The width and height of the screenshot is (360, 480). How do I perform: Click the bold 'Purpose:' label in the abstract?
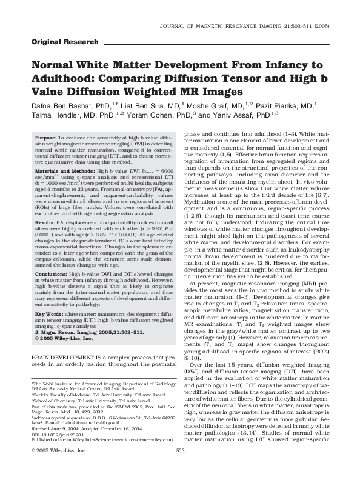pos(45,139)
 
